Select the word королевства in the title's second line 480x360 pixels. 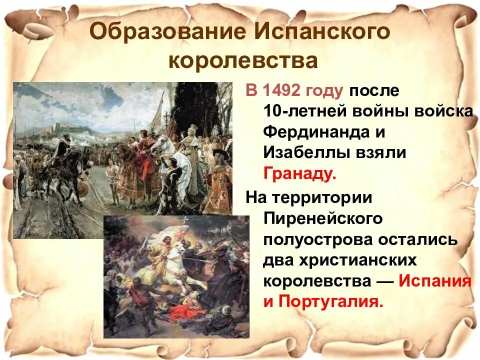point(243,61)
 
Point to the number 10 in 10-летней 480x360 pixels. point(272,111)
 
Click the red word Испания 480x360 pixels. point(434,281)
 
